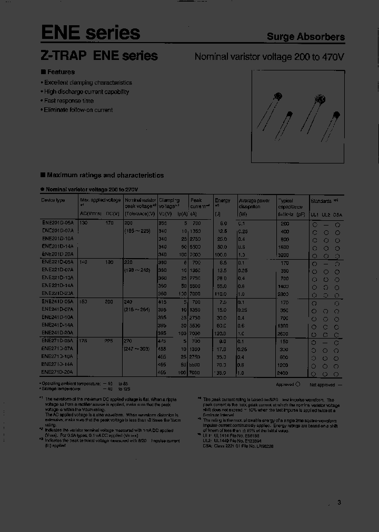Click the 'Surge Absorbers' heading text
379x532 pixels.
(x=305, y=37)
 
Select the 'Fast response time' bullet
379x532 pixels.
(x=68, y=100)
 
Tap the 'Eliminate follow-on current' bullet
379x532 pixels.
(x=78, y=110)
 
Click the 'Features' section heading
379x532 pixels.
(x=61, y=72)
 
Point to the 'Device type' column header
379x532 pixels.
(x=53, y=200)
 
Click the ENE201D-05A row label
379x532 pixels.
(x=57, y=223)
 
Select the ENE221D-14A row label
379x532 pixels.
(x=57, y=287)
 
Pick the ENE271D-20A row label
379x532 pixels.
(x=57, y=372)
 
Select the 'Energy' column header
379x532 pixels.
(x=223, y=200)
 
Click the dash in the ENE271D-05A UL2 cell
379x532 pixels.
(x=326, y=342)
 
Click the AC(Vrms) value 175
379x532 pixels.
(x=84, y=341)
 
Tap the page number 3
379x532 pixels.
(x=339, y=502)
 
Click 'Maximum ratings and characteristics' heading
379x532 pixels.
(x=105, y=175)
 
